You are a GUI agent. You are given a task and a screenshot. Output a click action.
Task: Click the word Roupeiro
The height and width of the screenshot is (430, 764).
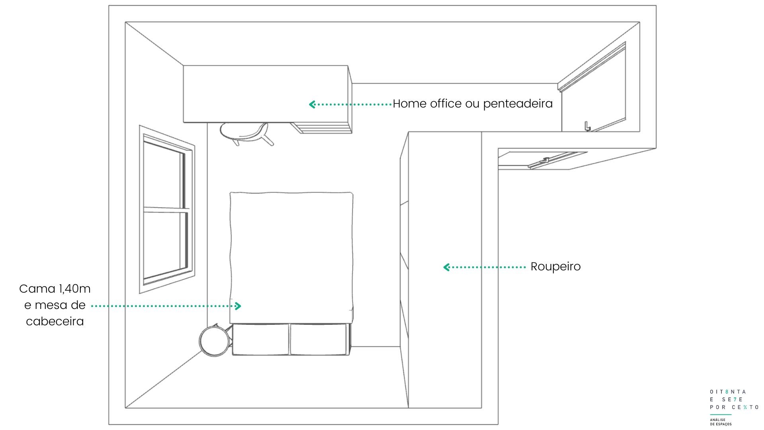(x=555, y=267)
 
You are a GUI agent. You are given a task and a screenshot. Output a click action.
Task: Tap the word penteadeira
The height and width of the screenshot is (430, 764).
(x=518, y=104)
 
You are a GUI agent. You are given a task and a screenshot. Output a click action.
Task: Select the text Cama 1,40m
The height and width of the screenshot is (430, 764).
(x=55, y=289)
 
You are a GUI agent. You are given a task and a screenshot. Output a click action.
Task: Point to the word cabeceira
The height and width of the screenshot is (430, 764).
(x=55, y=321)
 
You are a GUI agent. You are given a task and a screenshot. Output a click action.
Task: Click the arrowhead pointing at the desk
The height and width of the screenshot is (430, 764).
(x=312, y=104)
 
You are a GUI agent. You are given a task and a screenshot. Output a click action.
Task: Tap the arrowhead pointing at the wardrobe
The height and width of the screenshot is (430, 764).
(x=446, y=267)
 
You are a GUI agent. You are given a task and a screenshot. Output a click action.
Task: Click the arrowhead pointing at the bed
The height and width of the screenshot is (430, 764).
(x=238, y=306)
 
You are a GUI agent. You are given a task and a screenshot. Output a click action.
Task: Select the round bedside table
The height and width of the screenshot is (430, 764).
(x=215, y=341)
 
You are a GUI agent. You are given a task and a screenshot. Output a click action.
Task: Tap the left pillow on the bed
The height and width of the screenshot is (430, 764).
(x=261, y=339)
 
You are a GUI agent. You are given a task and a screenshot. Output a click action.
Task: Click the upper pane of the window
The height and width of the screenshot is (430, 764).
(x=164, y=175)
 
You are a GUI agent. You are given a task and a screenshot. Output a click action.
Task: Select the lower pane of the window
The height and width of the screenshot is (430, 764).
(x=165, y=245)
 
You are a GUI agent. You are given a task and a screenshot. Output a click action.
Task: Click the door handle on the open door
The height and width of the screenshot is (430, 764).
(x=587, y=126)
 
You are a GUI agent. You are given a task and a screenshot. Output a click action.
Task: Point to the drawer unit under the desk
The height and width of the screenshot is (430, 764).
(x=321, y=128)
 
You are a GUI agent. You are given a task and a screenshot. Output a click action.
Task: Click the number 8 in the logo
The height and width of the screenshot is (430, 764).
(x=727, y=392)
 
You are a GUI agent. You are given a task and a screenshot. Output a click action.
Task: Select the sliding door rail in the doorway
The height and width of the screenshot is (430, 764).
(x=557, y=160)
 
